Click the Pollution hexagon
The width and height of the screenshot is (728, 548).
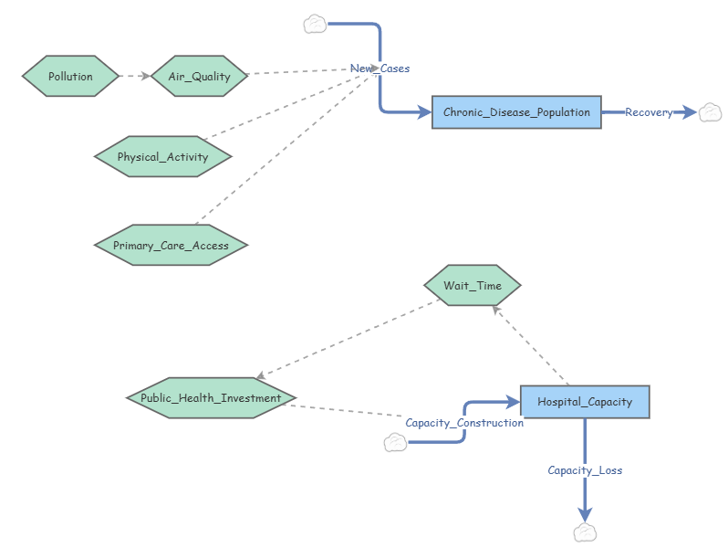70,76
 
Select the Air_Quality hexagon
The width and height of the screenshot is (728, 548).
199,76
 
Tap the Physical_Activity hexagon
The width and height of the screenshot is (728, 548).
162,157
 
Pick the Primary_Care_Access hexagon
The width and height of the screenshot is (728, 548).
171,245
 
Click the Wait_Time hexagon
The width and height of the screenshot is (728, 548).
473,285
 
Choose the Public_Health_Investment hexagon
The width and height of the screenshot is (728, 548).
211,398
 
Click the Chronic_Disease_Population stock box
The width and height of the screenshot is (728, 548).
516,112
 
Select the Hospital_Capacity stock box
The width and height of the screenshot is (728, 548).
585,402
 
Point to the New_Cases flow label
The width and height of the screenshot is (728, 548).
380,68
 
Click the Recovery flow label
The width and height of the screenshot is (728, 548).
649,112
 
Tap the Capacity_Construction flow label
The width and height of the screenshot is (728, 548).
464,423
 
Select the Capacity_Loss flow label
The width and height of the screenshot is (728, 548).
585,470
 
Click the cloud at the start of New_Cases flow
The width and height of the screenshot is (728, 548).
315,24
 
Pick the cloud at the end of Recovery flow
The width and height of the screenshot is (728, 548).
710,112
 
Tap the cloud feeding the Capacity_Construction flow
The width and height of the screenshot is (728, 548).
395,442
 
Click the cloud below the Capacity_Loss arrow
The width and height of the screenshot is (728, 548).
585,532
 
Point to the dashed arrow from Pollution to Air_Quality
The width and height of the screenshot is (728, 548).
135,76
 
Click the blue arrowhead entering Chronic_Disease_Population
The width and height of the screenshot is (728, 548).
424,112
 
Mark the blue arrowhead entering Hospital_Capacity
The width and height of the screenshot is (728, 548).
513,402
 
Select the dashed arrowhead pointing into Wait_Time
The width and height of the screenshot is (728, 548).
496,310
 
